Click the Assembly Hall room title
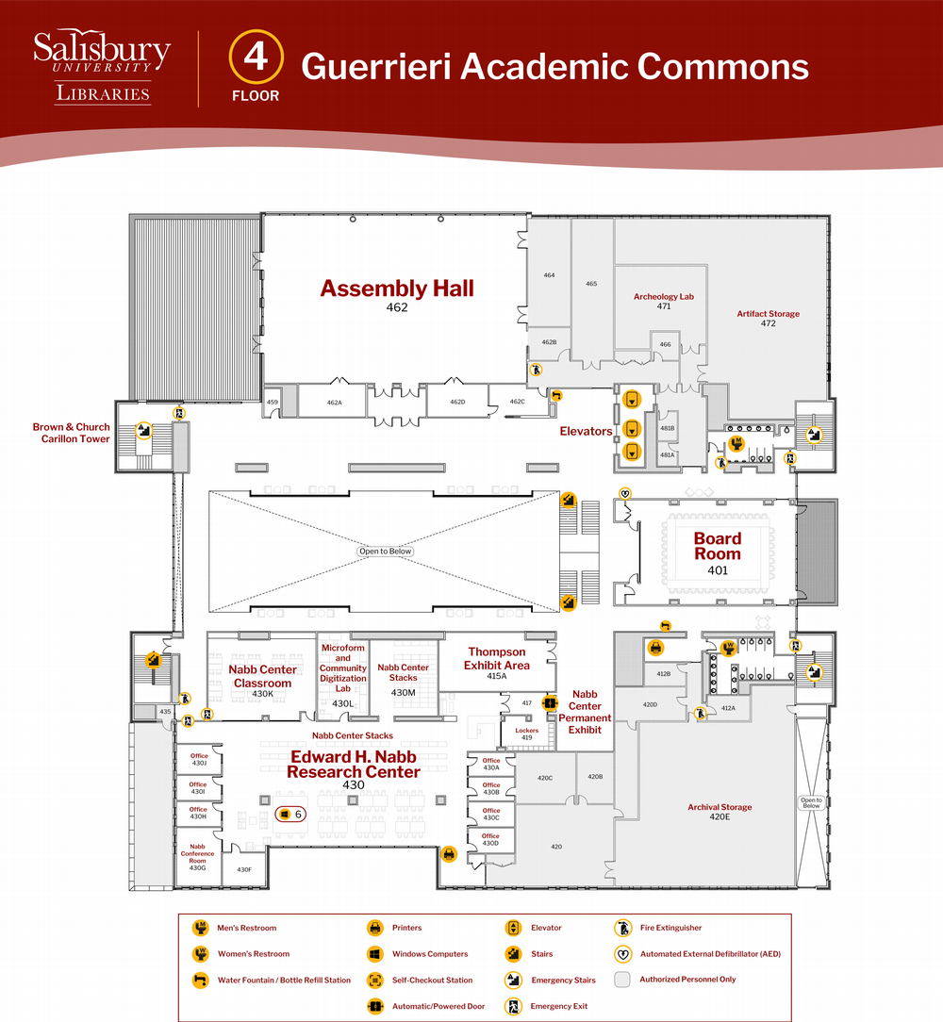[396, 288]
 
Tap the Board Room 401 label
[718, 554]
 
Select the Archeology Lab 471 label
[664, 301]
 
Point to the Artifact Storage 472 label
[769, 318]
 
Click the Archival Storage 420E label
[720, 812]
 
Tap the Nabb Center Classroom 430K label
[263, 681]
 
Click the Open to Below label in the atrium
[386, 552]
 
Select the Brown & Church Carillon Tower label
[72, 433]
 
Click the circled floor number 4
[256, 57]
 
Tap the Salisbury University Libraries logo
[102, 66]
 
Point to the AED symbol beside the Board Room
[625, 493]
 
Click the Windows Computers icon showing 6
[290, 814]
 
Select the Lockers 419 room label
[527, 734]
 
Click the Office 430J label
[198, 759]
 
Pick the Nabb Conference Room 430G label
[198, 857]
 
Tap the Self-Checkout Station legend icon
[375, 980]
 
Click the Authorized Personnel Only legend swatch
[622, 979]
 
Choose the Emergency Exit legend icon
[513, 1006]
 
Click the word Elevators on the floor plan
[586, 431]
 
